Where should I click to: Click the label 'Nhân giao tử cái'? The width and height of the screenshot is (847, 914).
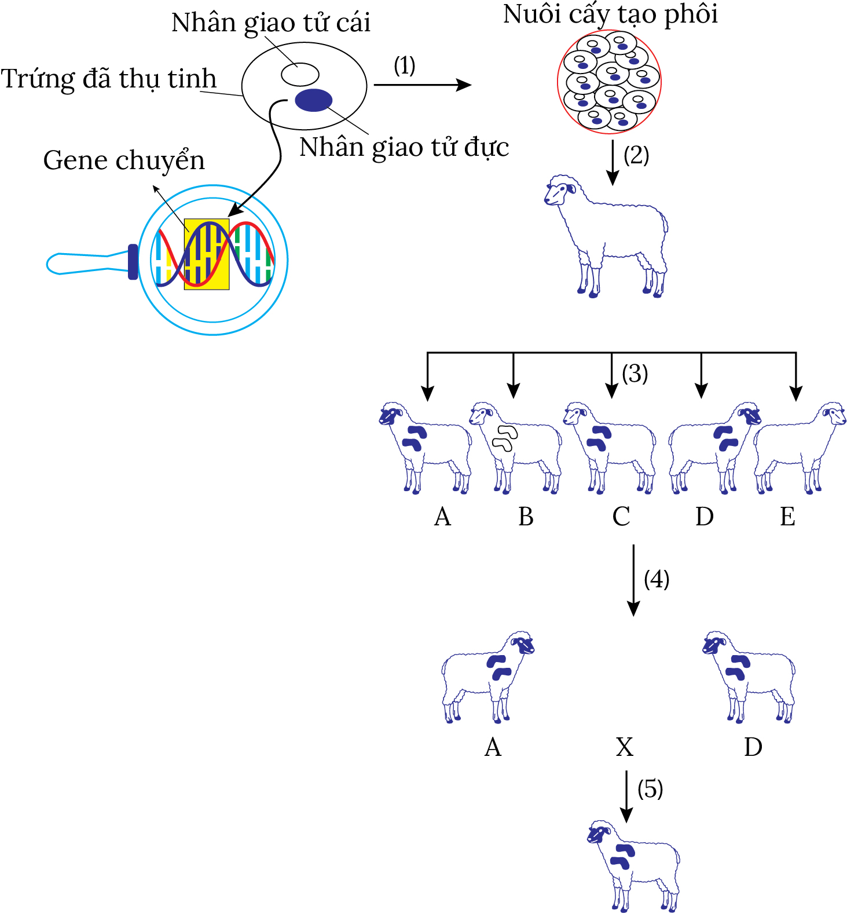tap(270, 23)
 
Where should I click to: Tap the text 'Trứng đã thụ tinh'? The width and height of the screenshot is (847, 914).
tap(109, 79)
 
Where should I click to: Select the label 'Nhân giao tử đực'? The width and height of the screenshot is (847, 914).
tap(404, 147)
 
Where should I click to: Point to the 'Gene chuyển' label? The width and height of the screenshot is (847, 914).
tap(124, 160)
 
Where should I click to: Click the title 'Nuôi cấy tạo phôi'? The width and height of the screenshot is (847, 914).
tap(610, 14)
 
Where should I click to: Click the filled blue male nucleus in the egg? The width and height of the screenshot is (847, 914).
tap(313, 100)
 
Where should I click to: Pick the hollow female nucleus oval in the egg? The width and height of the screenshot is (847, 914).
tap(300, 74)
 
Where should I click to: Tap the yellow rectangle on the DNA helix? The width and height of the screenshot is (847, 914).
tap(207, 254)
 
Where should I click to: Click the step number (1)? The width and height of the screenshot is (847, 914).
tap(405, 65)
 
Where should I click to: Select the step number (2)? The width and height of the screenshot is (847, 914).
tap(636, 155)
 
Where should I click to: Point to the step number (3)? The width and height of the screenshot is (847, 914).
tap(635, 374)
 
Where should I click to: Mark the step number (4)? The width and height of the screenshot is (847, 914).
tap(657, 579)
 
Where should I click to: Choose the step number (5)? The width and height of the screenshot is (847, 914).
tap(650, 789)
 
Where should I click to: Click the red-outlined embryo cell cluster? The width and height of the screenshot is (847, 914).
tap(609, 82)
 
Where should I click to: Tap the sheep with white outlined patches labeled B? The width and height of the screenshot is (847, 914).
tap(515, 447)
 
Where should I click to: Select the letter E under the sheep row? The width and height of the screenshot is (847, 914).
tap(787, 517)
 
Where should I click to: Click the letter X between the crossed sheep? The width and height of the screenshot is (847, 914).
tap(625, 747)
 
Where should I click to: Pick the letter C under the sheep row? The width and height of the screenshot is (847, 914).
tap(621, 517)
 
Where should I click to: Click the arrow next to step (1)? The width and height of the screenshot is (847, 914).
tap(423, 85)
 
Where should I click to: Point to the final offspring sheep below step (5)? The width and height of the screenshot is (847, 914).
tap(633, 865)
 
